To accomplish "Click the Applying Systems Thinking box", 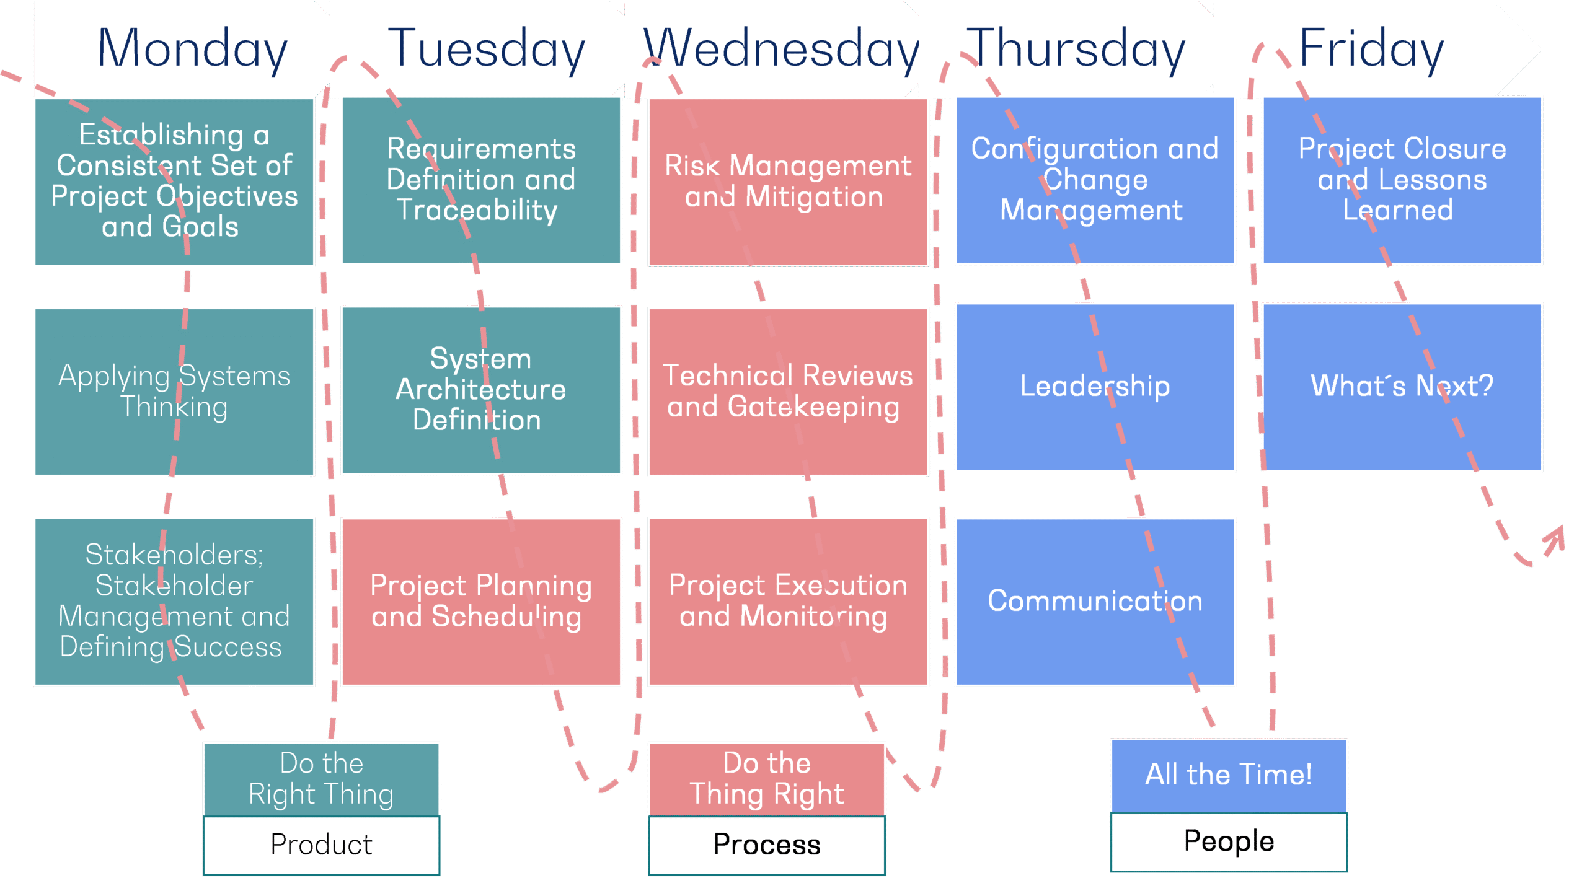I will coord(174,392).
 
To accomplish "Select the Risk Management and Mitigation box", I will coord(788,182).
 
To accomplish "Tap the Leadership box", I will coord(1095,387).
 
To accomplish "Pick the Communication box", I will coord(1095,602).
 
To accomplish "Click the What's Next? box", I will coord(1402,387).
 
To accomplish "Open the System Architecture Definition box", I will coord(481,390).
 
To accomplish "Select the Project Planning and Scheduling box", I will coord(481,602).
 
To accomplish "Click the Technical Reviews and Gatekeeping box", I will coord(788,392).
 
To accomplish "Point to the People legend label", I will coord(1229,841).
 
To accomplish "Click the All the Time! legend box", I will coord(1229,775).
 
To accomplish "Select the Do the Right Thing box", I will coord(321,779).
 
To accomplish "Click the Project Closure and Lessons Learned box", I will coord(1402,180).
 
